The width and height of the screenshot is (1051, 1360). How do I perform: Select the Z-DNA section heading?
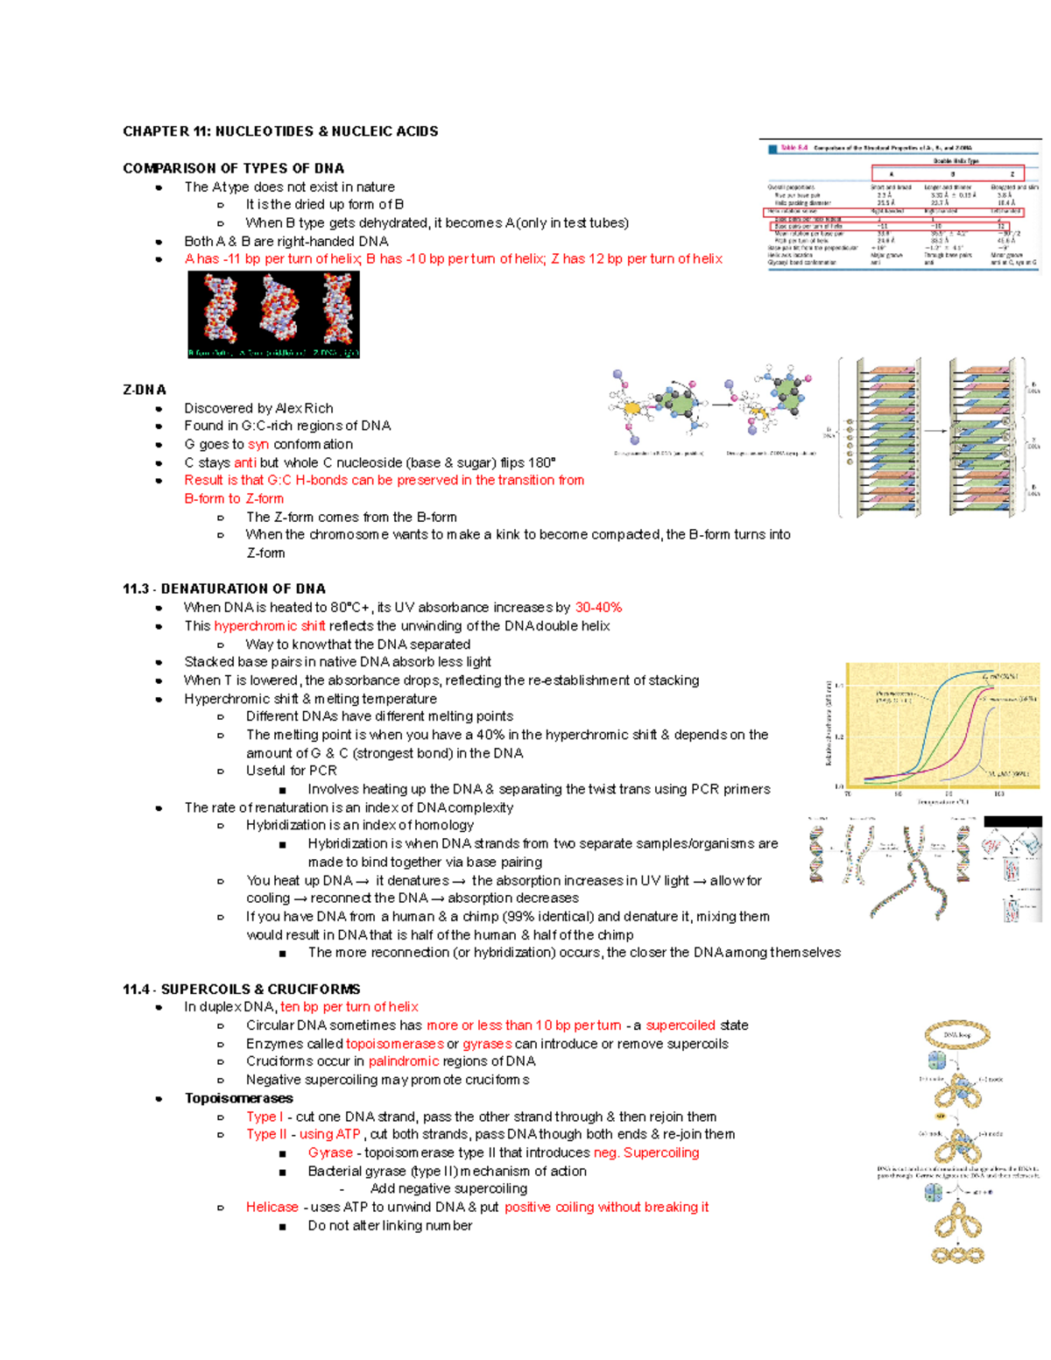[x=145, y=390]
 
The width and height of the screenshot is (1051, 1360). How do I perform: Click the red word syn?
[x=258, y=445]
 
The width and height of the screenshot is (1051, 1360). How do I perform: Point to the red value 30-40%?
[x=598, y=608]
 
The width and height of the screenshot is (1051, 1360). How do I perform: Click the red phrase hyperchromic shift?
[x=270, y=626]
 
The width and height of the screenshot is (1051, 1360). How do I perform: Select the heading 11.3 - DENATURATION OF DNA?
[x=223, y=589]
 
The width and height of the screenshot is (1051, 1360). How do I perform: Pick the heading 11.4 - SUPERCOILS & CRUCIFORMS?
[x=241, y=990]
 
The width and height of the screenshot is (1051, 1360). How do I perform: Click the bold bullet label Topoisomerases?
[x=238, y=1098]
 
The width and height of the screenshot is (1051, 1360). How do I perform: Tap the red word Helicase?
[x=272, y=1208]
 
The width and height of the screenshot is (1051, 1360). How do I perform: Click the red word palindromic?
[x=404, y=1061]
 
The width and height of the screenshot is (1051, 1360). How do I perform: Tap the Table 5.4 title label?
[x=794, y=148]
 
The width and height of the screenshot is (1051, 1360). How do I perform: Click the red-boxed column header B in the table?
[x=952, y=173]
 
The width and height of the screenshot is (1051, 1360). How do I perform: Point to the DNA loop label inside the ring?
[x=957, y=1035]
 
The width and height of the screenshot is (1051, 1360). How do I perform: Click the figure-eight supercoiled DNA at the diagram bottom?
[x=957, y=1255]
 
